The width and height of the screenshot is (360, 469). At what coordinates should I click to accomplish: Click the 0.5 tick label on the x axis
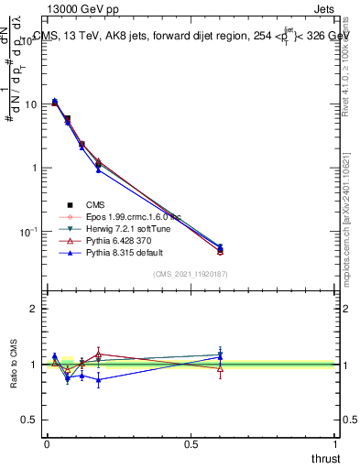[191, 443]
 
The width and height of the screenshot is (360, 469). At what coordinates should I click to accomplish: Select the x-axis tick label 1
[335, 443]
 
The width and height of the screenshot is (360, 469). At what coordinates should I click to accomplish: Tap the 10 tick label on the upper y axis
[30, 104]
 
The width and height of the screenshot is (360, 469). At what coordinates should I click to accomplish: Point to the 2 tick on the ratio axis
[34, 309]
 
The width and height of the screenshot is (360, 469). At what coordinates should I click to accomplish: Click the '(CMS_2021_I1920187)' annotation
[190, 274]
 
